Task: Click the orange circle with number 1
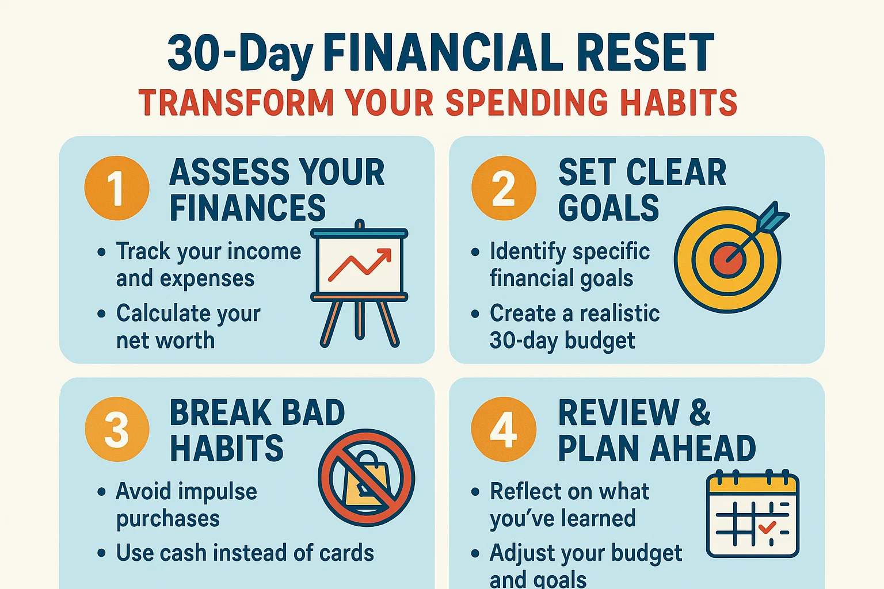point(117,188)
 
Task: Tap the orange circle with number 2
point(504,188)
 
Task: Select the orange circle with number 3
point(117,429)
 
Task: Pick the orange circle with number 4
point(504,429)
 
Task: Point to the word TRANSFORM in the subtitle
point(236,104)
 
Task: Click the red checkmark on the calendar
point(767,526)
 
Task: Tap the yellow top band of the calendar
point(753,485)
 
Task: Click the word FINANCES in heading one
point(247,208)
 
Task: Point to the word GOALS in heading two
point(608,208)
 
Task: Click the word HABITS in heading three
point(227,449)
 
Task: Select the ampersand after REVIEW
point(700,412)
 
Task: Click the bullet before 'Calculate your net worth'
point(102,314)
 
